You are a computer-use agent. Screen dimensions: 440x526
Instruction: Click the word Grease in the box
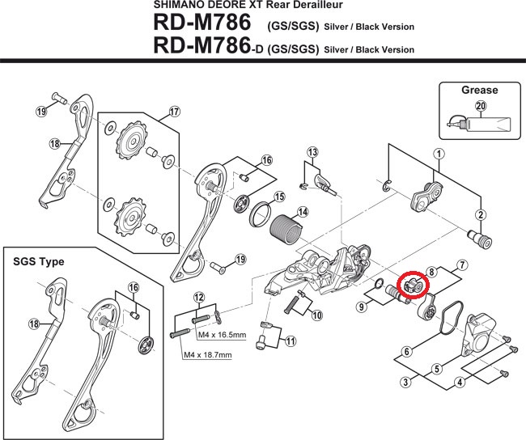[x=479, y=90]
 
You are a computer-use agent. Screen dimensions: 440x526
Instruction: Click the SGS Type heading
[x=37, y=262]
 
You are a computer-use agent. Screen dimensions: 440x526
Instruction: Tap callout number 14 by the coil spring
[x=302, y=213]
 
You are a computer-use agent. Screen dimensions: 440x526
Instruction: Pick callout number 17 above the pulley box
[x=173, y=112]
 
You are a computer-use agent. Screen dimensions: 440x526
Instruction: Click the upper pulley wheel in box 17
[x=128, y=146]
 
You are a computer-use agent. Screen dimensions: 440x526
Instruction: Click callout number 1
[x=437, y=154]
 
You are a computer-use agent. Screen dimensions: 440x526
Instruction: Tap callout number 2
[x=480, y=215]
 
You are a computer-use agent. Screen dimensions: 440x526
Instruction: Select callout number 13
[x=312, y=152]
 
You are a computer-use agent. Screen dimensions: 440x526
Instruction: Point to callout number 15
[x=278, y=197]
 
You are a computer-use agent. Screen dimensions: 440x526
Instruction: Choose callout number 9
[x=361, y=307]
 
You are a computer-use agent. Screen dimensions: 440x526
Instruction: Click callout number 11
[x=288, y=341]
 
